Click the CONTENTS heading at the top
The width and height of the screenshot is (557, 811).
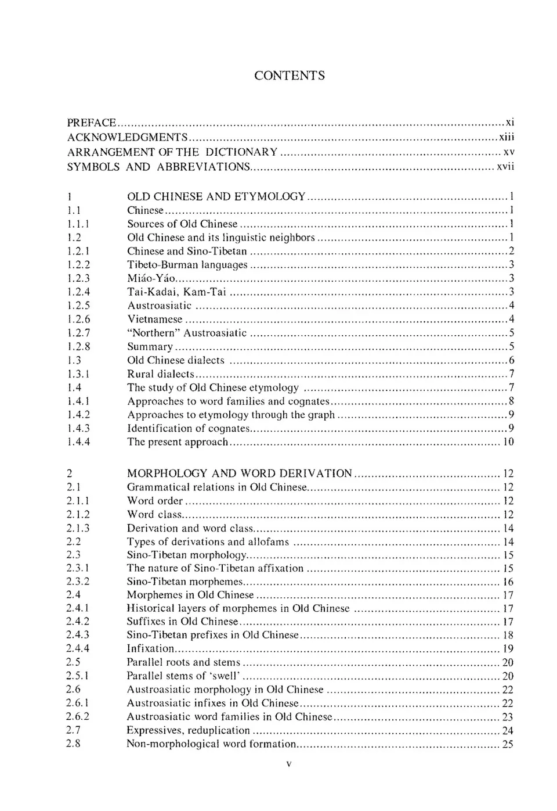click(289, 76)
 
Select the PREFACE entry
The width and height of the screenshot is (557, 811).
click(92, 123)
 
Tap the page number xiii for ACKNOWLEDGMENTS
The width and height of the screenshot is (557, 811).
click(507, 137)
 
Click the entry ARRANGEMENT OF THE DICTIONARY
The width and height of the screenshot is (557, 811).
click(172, 152)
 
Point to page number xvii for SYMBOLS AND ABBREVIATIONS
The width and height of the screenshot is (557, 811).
click(505, 167)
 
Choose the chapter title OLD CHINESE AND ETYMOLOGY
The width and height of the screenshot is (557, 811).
click(216, 196)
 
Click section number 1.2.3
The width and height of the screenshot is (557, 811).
click(78, 278)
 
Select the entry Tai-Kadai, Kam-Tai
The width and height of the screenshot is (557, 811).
click(176, 292)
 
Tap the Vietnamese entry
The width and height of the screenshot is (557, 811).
click(154, 319)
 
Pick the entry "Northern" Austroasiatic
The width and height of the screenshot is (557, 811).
click(187, 333)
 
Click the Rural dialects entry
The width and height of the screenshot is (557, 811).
click(161, 374)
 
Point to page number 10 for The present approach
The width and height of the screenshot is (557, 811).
click(508, 442)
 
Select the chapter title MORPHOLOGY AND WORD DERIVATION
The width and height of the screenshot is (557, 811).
click(239, 473)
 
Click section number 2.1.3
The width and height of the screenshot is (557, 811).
click(78, 528)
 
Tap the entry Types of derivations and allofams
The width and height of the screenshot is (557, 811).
click(208, 542)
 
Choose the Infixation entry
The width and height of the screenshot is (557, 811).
click(150, 648)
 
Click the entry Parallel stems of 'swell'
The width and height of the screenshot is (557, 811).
click(183, 676)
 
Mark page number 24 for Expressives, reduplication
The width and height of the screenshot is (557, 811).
click(508, 731)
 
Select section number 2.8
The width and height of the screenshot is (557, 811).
click(73, 744)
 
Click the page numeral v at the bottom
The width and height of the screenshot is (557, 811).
click(288, 765)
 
